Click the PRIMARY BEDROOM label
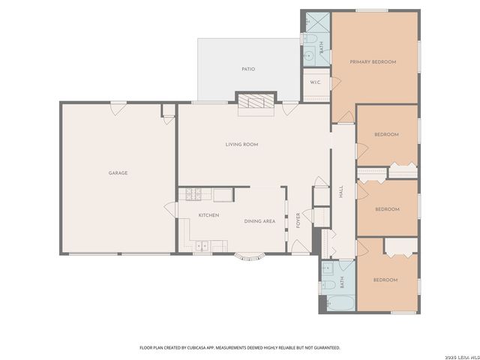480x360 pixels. pyautogui.click(x=373, y=61)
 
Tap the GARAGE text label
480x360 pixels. pyautogui.click(x=118, y=173)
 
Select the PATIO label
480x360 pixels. pyautogui.click(x=248, y=69)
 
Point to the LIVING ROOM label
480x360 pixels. pyautogui.click(x=241, y=144)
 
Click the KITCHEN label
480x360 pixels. pyautogui.click(x=208, y=215)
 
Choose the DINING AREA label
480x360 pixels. pyautogui.click(x=259, y=221)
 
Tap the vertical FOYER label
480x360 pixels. pyautogui.click(x=298, y=220)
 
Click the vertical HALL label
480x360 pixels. pyautogui.click(x=340, y=192)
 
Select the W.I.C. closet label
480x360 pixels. pyautogui.click(x=315, y=83)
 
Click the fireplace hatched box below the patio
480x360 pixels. pyautogui.click(x=256, y=103)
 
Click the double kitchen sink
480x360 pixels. pyautogui.click(x=202, y=244)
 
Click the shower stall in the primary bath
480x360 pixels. pyautogui.click(x=313, y=22)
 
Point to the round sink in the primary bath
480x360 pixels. pyautogui.click(x=309, y=54)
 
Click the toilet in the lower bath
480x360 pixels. pyautogui.click(x=328, y=285)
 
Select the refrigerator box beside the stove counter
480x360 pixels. pyautogui.click(x=222, y=195)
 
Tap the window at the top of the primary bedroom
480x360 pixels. pyautogui.click(x=371, y=10)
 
